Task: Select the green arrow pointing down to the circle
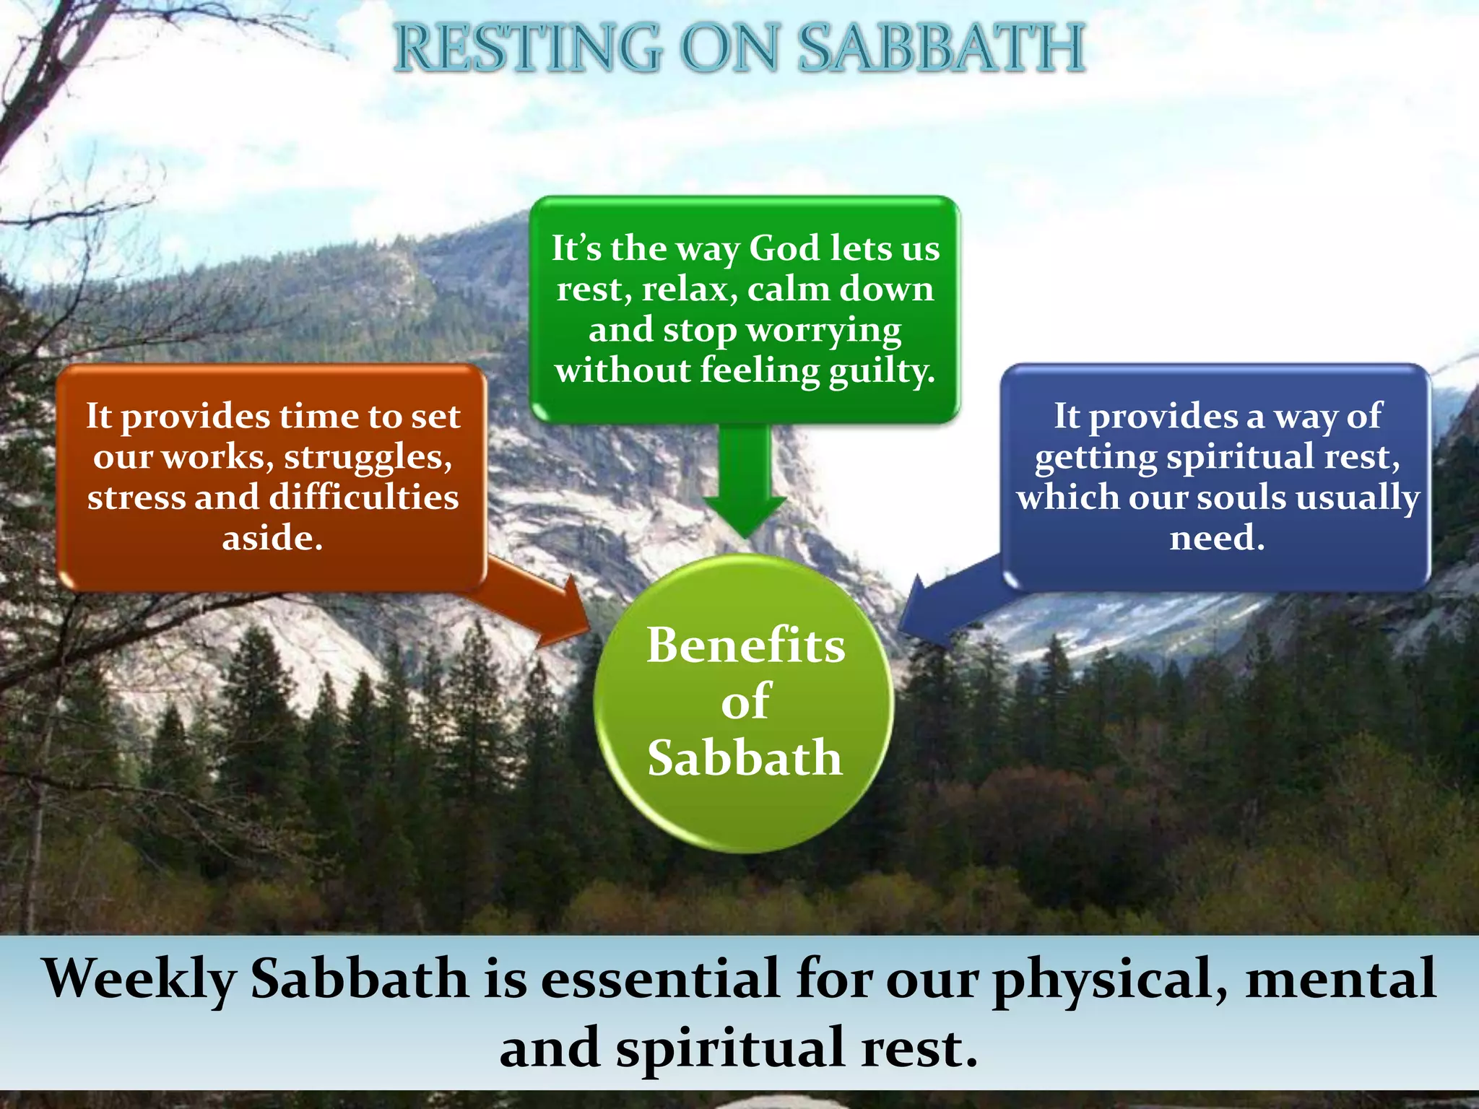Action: pos(745,484)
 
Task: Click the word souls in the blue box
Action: pos(1241,497)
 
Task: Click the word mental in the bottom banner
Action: pos(1340,979)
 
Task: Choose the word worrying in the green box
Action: pos(823,331)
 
